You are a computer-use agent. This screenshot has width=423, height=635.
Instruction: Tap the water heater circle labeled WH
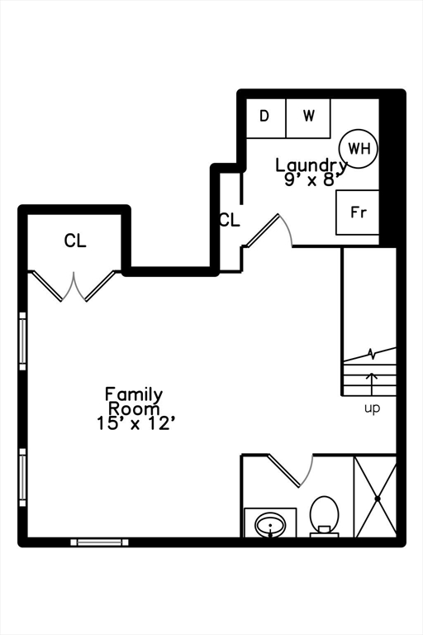pyautogui.click(x=359, y=149)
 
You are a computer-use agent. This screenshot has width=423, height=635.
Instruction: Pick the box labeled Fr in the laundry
pyautogui.click(x=358, y=212)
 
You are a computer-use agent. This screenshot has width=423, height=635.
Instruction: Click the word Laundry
pyautogui.click(x=311, y=165)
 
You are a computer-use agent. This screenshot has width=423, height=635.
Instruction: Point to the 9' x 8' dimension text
pyautogui.click(x=312, y=180)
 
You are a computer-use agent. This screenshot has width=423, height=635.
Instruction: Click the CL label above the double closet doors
pyautogui.click(x=75, y=241)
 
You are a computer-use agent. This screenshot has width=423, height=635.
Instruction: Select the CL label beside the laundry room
pyautogui.click(x=229, y=221)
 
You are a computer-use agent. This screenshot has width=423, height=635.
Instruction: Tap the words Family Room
pyautogui.click(x=134, y=402)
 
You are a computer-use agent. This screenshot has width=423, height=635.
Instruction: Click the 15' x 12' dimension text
pyautogui.click(x=135, y=423)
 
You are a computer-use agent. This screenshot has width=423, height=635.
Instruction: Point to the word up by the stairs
pyautogui.click(x=373, y=408)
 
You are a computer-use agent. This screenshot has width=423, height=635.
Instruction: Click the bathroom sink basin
pyautogui.click(x=270, y=524)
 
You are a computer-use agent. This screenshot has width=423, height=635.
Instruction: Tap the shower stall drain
pyautogui.click(x=377, y=499)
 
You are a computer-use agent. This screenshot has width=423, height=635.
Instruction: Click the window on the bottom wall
pyautogui.click(x=99, y=542)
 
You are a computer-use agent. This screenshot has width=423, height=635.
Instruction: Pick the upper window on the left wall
pyautogui.click(x=23, y=342)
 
